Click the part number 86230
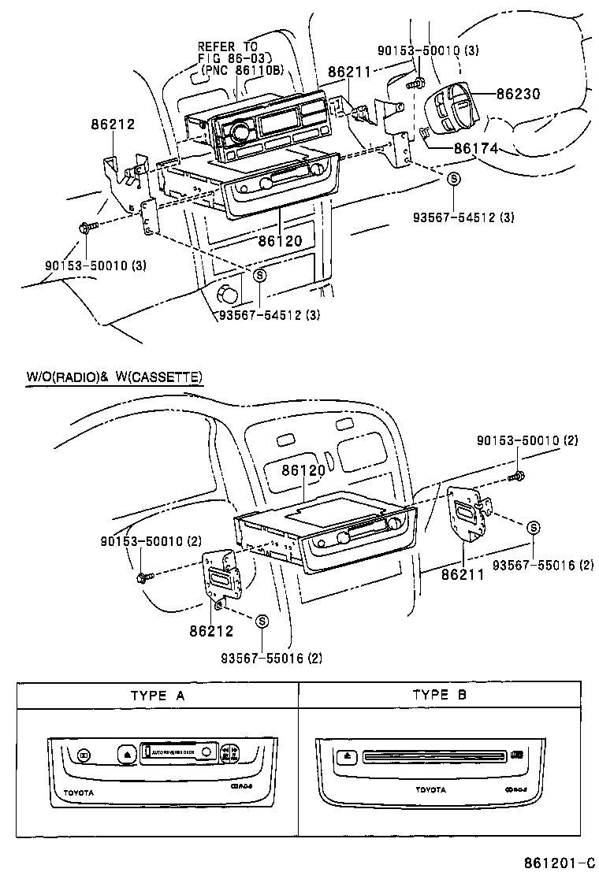(x=518, y=94)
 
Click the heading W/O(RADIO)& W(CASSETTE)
(x=115, y=377)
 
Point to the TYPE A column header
(x=158, y=696)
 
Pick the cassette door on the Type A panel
(x=178, y=752)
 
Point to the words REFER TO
(x=227, y=47)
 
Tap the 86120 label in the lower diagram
(x=303, y=470)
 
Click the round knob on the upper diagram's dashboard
(x=229, y=295)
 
